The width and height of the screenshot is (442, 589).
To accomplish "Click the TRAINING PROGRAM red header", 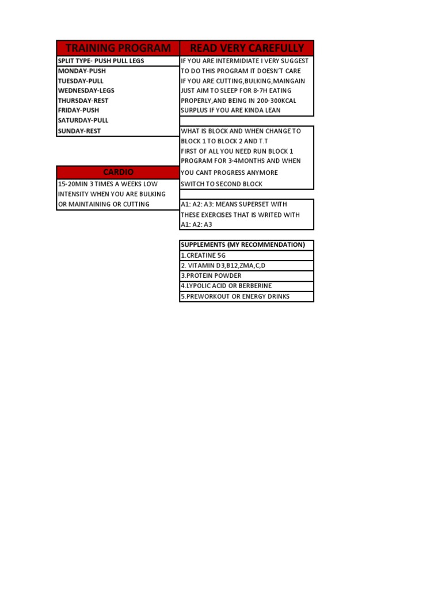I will pyautogui.click(x=118, y=48).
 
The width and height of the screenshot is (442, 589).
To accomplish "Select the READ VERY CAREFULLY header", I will pyautogui.click(x=247, y=48).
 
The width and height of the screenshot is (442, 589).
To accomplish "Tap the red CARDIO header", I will pyautogui.click(x=118, y=172).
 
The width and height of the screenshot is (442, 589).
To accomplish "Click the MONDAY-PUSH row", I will pyautogui.click(x=82, y=71).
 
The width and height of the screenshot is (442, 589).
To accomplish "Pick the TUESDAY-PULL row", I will pyautogui.click(x=81, y=81).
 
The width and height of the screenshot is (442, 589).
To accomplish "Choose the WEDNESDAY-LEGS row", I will pyautogui.click(x=86, y=91).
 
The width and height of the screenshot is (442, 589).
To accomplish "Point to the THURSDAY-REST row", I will pyautogui.click(x=83, y=101).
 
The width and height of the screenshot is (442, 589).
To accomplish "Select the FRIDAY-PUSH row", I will pyautogui.click(x=78, y=110).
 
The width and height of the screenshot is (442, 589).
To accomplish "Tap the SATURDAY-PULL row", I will pyautogui.click(x=83, y=121).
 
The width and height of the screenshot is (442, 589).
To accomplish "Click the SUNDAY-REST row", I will pyautogui.click(x=79, y=131).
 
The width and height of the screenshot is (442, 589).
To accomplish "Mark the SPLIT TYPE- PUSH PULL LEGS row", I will pyautogui.click(x=101, y=61).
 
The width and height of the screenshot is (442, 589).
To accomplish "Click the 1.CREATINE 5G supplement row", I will pyautogui.click(x=203, y=255).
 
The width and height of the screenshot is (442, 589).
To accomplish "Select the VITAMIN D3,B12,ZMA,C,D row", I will pyautogui.click(x=223, y=266).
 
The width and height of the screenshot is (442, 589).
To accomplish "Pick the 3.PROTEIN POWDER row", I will pyautogui.click(x=211, y=276).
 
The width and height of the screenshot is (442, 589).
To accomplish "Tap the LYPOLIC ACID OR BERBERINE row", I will pyautogui.click(x=226, y=286).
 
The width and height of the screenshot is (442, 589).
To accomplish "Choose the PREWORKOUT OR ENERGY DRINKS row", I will pyautogui.click(x=235, y=297).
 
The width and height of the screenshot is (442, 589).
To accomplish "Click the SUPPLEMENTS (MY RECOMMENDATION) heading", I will pyautogui.click(x=243, y=245).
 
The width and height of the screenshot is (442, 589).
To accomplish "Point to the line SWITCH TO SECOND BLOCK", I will pyautogui.click(x=222, y=184).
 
